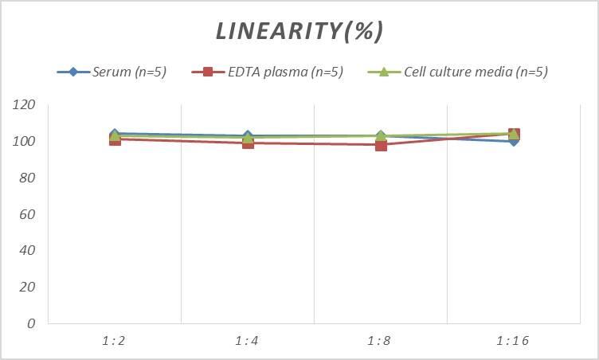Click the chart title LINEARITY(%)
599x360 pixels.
[299, 31]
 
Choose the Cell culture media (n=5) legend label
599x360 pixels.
[476, 72]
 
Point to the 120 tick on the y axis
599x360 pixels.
[25, 105]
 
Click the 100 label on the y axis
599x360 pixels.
[25, 142]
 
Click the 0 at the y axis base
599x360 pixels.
[31, 323]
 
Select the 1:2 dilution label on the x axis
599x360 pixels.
[114, 341]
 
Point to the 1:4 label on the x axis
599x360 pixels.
[247, 341]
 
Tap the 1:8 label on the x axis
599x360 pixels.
[380, 341]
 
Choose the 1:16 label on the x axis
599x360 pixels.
[513, 341]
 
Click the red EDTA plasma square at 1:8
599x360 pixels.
[381, 145]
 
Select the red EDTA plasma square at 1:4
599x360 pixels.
[248, 143]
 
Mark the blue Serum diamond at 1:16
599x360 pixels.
[514, 141]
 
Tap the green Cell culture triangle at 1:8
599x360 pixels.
[381, 136]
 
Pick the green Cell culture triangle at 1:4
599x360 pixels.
[248, 137]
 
